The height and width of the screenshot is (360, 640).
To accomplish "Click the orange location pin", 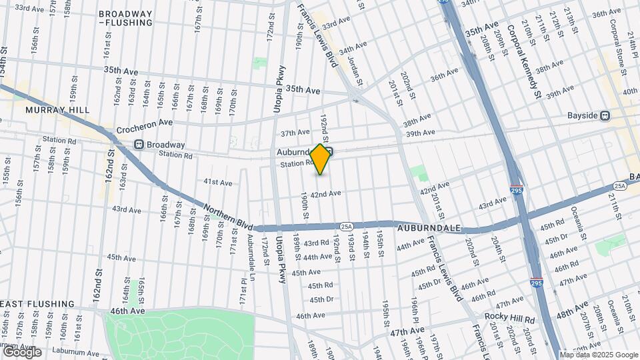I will coord(321,159).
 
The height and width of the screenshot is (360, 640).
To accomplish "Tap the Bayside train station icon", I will coord(605,115).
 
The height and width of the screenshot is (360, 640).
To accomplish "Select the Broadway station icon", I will coord(139,144).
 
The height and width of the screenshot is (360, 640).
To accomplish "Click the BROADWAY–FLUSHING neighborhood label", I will coord(134,18).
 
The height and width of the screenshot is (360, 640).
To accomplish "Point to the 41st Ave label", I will coord(217,182).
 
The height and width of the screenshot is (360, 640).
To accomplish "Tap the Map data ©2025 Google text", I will coord(598,355).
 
